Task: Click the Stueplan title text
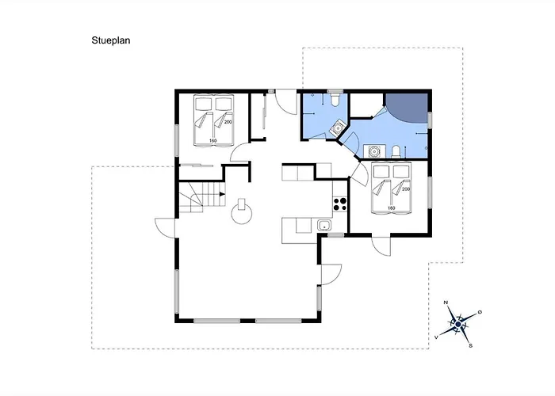point(111,40)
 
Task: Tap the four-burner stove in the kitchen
point(340,204)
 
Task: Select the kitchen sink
point(323,225)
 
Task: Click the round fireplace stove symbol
point(242,213)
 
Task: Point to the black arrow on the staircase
point(222,194)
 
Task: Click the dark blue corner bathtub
point(406,109)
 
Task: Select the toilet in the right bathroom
point(396,151)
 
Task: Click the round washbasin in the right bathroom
point(374,152)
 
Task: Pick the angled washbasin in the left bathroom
point(338,128)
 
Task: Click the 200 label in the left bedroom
point(228,122)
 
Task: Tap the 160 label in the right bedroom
point(391,208)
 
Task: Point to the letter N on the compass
point(446,303)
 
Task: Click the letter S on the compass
point(471,346)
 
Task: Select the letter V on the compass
point(436,337)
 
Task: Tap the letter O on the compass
point(480,312)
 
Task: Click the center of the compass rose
point(458,324)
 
